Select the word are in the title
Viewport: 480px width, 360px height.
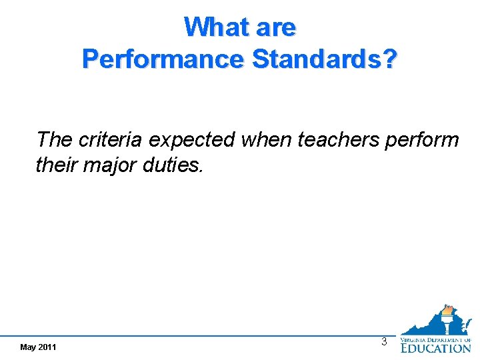coord(273,27)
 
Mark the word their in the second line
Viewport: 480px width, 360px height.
coord(57,164)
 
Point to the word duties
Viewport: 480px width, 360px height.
coord(174,164)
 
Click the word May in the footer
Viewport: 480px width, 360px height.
coord(29,347)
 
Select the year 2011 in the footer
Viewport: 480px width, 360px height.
coord(47,347)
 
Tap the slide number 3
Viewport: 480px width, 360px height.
coord(384,341)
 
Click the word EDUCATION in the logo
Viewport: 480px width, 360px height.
coord(435,347)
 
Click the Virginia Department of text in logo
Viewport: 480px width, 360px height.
coord(435,339)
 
